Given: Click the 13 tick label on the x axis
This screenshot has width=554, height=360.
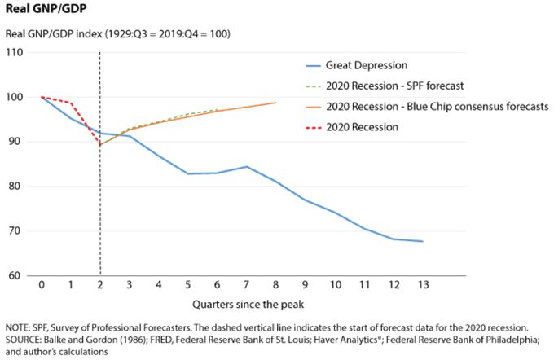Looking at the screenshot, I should click(x=422, y=286).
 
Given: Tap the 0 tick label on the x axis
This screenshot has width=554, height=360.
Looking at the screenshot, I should click(x=41, y=286).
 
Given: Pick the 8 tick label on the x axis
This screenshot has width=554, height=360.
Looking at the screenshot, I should click(x=275, y=286).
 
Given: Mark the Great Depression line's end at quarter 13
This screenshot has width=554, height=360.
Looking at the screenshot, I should click(x=422, y=241).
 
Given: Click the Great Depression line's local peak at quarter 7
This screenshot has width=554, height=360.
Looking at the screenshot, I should click(x=246, y=166).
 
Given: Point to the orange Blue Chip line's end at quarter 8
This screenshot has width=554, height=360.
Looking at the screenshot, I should click(x=275, y=103).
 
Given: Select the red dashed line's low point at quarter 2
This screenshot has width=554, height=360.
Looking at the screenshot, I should click(x=99, y=145).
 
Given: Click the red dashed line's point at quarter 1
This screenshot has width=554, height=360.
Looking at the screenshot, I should click(x=70, y=103).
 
